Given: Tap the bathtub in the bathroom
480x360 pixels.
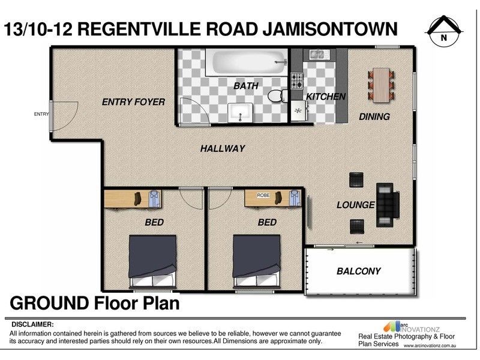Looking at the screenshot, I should (x=246, y=62).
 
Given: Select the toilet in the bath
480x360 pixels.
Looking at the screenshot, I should (x=277, y=96).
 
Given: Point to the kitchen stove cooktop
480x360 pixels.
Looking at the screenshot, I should (x=296, y=80).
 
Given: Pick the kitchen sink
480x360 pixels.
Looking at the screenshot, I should (x=316, y=55).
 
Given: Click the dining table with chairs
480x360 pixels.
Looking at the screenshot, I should (x=381, y=84).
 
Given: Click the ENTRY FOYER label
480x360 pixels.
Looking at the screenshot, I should (x=133, y=102).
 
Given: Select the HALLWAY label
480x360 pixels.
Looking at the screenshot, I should (x=223, y=148).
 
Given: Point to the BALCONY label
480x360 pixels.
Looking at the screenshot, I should (x=358, y=271).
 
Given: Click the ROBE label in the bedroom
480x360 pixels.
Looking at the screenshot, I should (x=263, y=195).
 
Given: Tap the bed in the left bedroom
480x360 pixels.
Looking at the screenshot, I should (x=152, y=259).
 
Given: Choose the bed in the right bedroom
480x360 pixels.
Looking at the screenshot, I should (x=256, y=259).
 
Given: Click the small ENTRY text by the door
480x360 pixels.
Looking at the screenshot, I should (x=41, y=114).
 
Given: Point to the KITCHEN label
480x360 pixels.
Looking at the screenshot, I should (x=326, y=97).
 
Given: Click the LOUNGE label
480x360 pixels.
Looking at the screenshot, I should (x=355, y=205).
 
